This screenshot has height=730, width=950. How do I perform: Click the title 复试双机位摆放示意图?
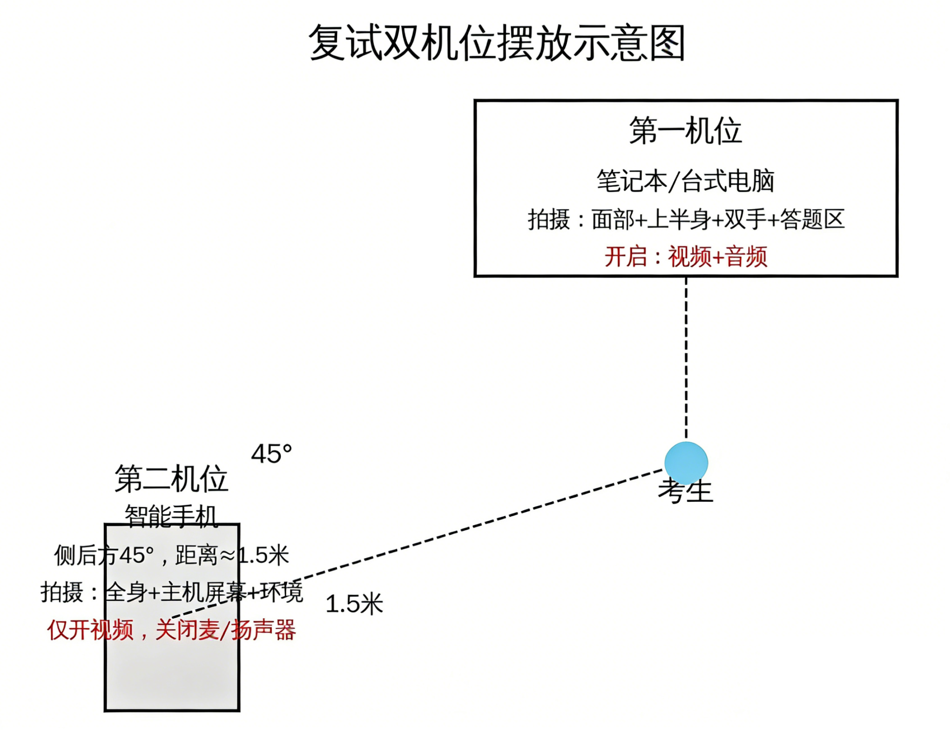click(x=497, y=43)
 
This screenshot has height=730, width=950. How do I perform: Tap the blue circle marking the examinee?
click(x=686, y=463)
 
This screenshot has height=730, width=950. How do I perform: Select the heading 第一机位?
click(x=685, y=131)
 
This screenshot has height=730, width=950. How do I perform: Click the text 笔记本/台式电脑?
click(x=685, y=181)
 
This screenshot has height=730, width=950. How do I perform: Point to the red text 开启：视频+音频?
click(x=685, y=256)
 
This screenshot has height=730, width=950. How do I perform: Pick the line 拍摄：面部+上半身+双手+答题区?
click(x=685, y=219)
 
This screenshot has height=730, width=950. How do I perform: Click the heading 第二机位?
click(x=171, y=479)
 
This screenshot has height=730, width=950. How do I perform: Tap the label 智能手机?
click(x=171, y=515)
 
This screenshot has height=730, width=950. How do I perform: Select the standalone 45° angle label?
click(x=271, y=454)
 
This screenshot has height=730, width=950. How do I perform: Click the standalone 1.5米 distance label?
click(x=354, y=604)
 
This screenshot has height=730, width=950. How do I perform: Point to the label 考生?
click(x=685, y=492)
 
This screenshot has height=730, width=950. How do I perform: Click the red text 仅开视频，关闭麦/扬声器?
click(x=171, y=630)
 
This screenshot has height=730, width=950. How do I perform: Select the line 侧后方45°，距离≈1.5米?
click(x=171, y=555)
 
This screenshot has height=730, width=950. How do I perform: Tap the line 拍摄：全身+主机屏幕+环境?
click(x=171, y=592)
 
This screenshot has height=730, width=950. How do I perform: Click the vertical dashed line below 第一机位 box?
click(x=686, y=357)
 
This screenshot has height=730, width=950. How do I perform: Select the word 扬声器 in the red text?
click(x=263, y=630)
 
